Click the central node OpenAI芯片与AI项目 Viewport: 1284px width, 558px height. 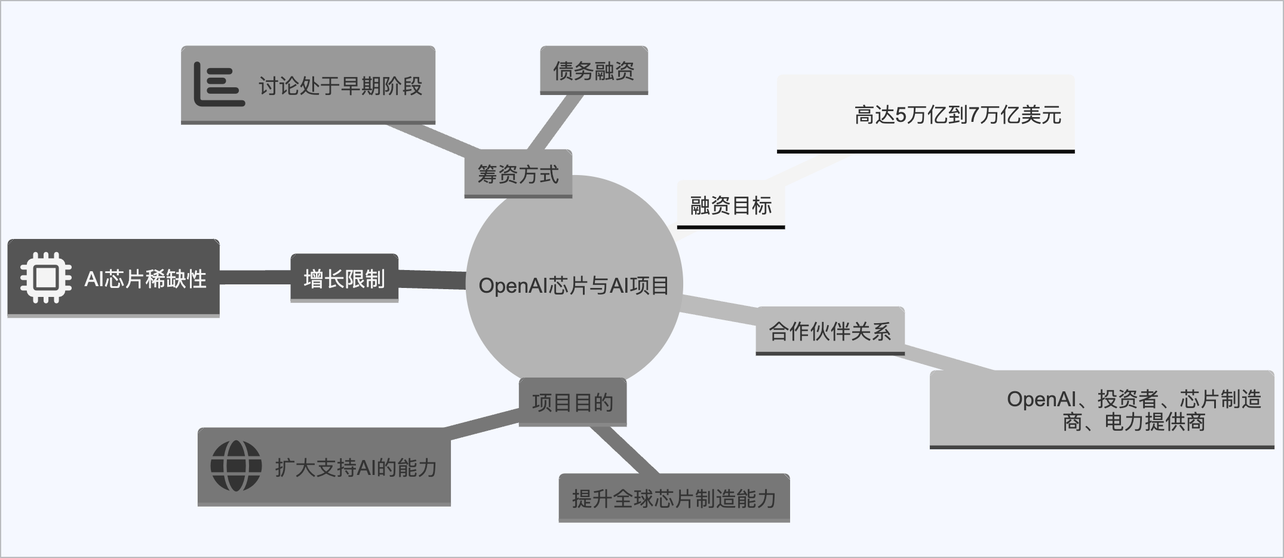pos(573,286)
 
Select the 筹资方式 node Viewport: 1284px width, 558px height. pos(518,174)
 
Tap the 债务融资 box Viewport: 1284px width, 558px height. pos(594,70)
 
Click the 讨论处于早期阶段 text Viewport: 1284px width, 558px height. pos(340,86)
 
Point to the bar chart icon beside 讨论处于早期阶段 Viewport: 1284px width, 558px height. pos(219,85)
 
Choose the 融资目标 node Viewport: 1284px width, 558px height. pos(730,206)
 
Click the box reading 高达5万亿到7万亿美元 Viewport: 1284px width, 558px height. pos(957,115)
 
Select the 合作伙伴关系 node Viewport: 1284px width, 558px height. pos(830,331)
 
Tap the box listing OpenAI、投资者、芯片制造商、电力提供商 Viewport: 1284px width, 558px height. pos(1134,410)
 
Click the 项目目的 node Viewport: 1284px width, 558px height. pos(572,402)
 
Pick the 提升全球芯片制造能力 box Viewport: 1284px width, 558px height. pos(674,498)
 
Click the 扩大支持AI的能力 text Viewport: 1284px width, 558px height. pos(355,467)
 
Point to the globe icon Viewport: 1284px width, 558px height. pos(236,466)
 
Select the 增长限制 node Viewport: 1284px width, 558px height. pos(344,278)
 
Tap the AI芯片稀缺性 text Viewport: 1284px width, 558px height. pos(145,279)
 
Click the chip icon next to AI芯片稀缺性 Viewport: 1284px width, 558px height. pos(46,278)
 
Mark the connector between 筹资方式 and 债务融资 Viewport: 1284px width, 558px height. pos(555,122)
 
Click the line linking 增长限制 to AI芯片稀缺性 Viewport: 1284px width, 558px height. pos(255,278)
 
